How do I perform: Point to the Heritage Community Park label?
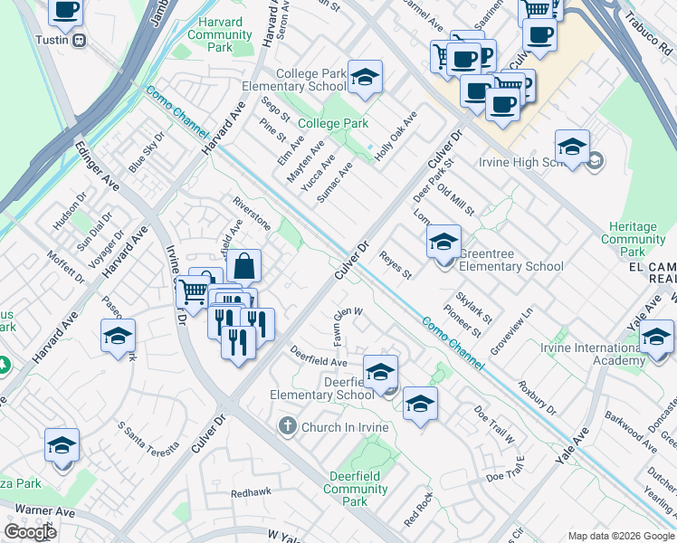coord(633,240)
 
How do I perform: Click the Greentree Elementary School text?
coord(511,266)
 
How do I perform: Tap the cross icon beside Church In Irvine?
coord(288,426)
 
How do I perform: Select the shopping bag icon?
coord(244,267)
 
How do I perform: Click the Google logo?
coord(30,532)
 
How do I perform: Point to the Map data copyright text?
coord(621,536)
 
